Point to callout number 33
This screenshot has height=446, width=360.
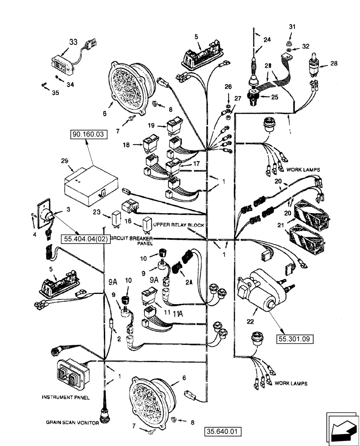pos(73,43)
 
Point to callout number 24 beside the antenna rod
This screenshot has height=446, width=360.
pos(266,40)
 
